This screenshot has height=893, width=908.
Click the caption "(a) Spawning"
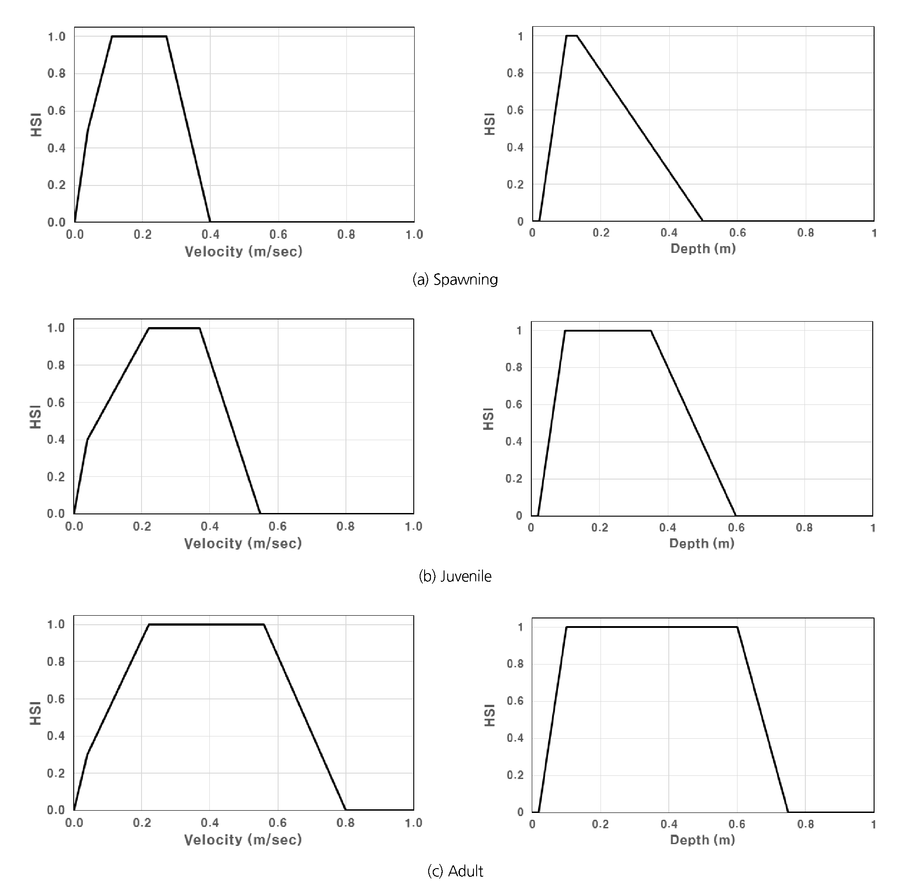455,280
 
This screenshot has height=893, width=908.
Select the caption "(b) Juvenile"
455,576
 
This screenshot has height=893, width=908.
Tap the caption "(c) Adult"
455,871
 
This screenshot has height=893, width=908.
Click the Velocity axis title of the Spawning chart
243,252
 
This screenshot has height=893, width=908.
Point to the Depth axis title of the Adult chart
702,840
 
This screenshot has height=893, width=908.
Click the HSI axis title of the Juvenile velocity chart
36,418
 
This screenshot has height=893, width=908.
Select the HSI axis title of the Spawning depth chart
489,124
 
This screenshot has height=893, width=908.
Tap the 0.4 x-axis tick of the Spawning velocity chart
210,234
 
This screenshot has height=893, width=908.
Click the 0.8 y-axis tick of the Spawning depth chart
515,73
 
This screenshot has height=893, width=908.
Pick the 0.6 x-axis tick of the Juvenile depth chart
736,527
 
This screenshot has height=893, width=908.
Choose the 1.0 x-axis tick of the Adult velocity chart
413,822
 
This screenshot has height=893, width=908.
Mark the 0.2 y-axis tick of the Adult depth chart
515,775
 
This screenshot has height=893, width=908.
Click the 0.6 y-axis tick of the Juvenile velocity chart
56,403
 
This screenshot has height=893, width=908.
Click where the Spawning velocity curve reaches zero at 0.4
210,221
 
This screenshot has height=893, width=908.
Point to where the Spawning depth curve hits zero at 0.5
703,220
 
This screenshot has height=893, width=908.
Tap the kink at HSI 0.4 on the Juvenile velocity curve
88,439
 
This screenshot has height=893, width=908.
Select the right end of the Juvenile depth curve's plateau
651,331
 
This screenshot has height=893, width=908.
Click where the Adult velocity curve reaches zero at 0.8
346,809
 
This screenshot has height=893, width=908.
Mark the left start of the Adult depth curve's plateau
566,627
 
